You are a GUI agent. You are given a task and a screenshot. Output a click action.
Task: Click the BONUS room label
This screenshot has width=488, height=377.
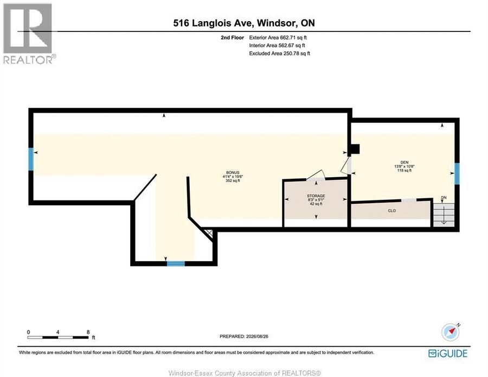(x=233, y=172)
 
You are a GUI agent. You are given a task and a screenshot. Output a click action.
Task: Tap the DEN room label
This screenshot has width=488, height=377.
(x=404, y=162)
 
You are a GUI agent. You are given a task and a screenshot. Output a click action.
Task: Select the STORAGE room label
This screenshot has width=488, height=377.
(x=316, y=196)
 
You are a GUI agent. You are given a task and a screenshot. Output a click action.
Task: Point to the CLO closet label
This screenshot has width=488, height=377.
(x=392, y=211)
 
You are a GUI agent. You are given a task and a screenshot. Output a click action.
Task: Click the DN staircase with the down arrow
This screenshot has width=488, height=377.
(x=444, y=215)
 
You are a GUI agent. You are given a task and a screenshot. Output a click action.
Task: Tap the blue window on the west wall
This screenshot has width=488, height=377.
(x=31, y=159)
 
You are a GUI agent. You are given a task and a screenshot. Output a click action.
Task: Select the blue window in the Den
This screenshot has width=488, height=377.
(x=457, y=174)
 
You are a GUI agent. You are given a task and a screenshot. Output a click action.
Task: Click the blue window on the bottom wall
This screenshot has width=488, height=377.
(x=176, y=264)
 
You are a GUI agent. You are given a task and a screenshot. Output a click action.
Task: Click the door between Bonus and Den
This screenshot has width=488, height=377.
(x=346, y=165)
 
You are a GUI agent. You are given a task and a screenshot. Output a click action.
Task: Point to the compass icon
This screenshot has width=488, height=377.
(x=451, y=332)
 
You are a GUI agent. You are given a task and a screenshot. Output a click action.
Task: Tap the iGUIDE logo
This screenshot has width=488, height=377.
(x=448, y=353)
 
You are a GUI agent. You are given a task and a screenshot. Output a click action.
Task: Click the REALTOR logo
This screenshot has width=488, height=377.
(x=28, y=34)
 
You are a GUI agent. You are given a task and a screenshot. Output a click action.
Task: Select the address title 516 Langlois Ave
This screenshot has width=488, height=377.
(x=214, y=23)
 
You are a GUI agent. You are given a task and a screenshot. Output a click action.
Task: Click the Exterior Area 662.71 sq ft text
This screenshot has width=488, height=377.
(x=278, y=37)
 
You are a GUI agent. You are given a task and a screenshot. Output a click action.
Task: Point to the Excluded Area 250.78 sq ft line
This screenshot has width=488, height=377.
(x=279, y=54)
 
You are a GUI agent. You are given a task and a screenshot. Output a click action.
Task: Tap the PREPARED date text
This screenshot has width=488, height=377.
(x=244, y=336)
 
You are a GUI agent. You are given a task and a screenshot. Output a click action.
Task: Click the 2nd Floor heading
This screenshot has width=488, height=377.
(x=232, y=37)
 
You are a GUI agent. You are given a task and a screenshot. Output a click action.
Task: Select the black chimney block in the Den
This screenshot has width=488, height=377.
(x=354, y=149)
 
